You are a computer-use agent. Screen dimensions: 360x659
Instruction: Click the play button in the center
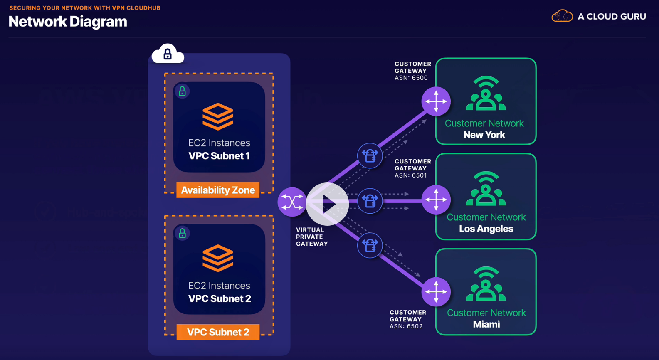pos(327,204)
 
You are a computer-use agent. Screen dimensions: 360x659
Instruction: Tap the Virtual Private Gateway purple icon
pos(292,202)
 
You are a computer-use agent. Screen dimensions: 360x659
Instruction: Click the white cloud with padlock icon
pos(168,54)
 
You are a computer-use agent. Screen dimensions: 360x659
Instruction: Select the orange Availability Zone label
pos(218,190)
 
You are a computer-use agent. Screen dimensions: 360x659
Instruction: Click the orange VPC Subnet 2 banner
pos(218,332)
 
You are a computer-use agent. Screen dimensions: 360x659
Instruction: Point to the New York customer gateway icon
pos(436,101)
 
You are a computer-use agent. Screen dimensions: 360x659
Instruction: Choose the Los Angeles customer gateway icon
pos(436,200)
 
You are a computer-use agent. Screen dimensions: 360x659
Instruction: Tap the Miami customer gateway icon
pos(436,291)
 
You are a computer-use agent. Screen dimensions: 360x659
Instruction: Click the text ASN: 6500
pos(411,78)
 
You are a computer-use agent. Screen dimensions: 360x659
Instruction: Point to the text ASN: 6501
pos(411,175)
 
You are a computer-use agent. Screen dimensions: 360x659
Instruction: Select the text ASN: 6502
pos(406,326)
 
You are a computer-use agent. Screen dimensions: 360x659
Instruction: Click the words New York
pos(484,135)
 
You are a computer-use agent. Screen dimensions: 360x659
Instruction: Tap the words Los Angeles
pos(486,229)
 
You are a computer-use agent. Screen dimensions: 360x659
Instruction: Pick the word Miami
pos(486,324)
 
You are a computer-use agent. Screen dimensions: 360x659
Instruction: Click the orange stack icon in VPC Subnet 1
pos(218,116)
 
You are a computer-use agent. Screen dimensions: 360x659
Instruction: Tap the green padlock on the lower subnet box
pos(182,234)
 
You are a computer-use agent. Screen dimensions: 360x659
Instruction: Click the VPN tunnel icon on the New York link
pos(370,156)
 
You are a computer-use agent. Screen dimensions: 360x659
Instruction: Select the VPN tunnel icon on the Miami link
pos(370,245)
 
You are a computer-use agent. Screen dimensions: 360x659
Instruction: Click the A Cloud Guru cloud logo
pos(562,16)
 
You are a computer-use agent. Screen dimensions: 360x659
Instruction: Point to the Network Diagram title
pos(68,22)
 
